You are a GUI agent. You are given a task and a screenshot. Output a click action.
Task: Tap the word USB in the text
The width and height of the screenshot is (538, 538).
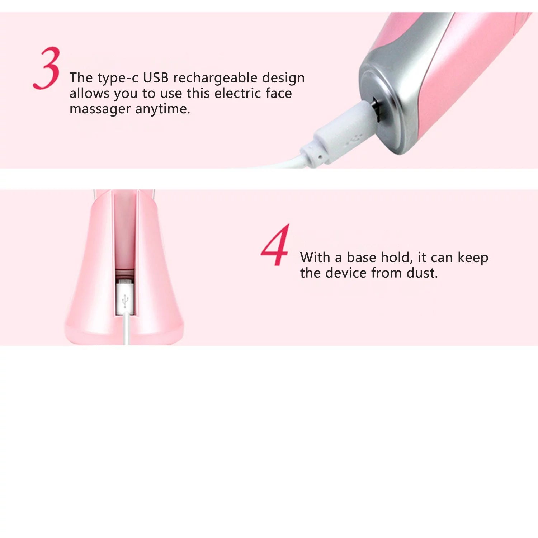[156, 78]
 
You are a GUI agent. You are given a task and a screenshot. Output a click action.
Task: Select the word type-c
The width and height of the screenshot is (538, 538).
[117, 78]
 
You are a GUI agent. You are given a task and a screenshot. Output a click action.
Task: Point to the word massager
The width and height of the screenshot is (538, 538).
[100, 109]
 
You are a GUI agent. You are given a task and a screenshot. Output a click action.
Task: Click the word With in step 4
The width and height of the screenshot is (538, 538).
[315, 258]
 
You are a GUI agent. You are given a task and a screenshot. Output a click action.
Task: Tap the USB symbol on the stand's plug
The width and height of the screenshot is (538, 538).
[124, 301]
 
